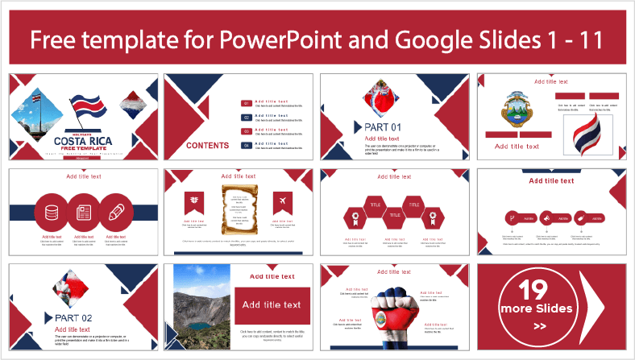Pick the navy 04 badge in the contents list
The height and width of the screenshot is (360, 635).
point(246,145)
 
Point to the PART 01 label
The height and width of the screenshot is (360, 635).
point(381,126)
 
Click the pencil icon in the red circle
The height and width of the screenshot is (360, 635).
point(115,212)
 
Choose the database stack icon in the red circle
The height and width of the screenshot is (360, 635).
point(51,212)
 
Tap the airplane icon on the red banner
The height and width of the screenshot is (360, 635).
point(283,201)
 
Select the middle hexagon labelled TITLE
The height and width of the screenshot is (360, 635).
point(395,215)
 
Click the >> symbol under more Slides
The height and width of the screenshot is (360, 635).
point(540,326)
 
